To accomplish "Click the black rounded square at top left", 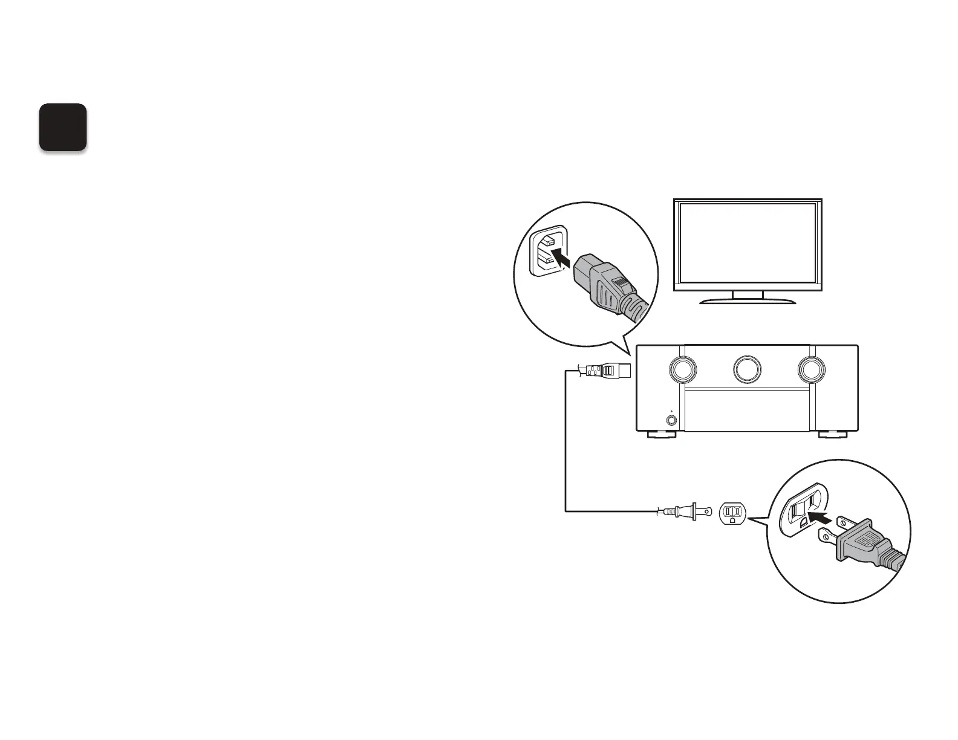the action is coord(63,127).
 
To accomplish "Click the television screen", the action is coord(748,242).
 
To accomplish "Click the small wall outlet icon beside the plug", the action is coord(732,513).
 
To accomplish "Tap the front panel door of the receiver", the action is coord(748,411).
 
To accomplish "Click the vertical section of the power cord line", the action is coord(565,441).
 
